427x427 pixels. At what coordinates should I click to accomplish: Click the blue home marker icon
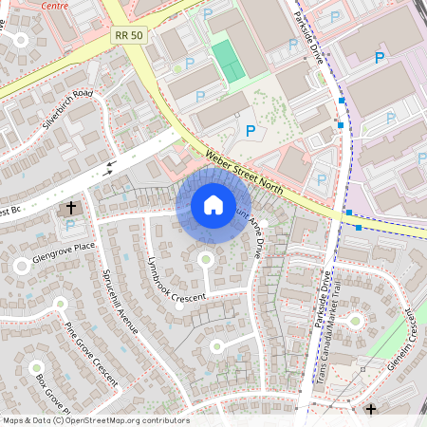(213, 205)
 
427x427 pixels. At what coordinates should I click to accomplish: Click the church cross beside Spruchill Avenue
(71, 207)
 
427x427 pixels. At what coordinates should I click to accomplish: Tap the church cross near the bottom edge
(371, 410)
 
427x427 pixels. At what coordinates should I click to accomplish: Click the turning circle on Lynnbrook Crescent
(205, 258)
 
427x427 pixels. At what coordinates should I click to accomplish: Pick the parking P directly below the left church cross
(70, 225)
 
